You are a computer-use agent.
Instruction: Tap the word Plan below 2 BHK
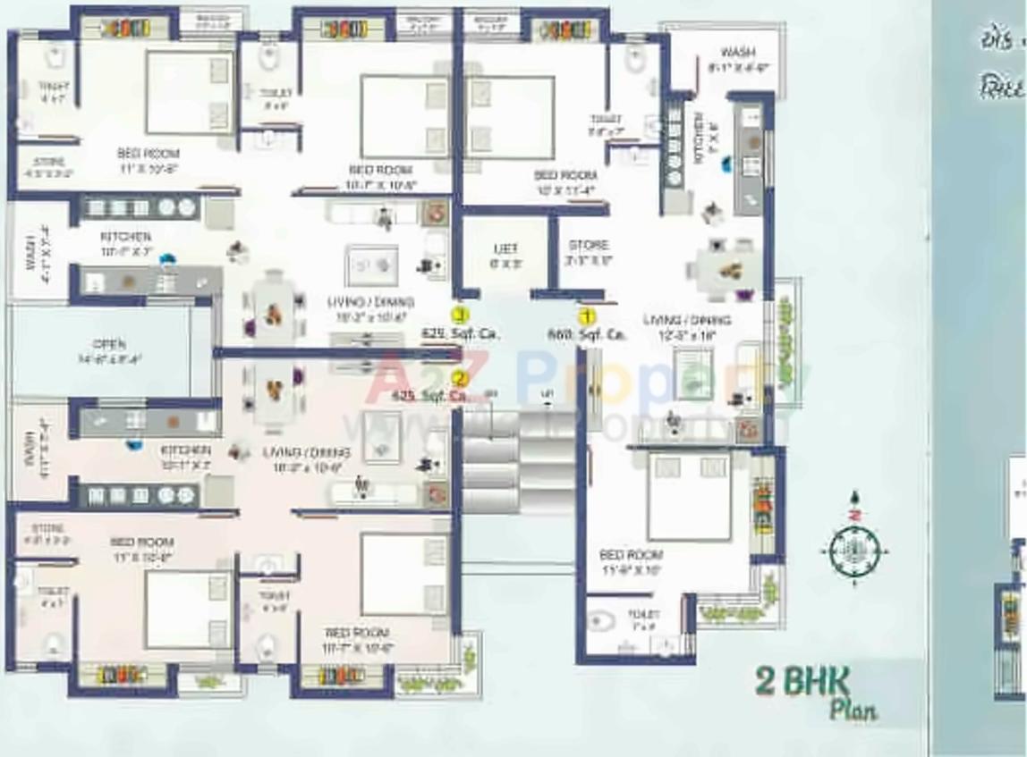(x=853, y=711)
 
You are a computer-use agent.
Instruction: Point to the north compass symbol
(x=854, y=550)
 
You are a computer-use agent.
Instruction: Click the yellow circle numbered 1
(x=587, y=315)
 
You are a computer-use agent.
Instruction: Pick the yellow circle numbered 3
(x=460, y=315)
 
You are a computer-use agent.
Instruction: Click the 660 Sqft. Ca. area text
(x=586, y=334)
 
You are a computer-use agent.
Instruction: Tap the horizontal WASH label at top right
(x=738, y=52)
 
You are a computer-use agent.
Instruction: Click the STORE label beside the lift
(x=589, y=245)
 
